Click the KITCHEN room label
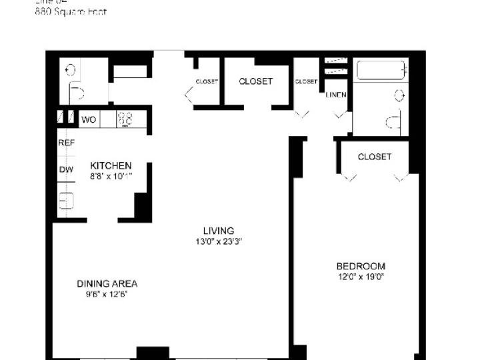pyautogui.click(x=111, y=165)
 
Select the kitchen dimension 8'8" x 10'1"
pyautogui.click(x=111, y=176)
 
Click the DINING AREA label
pyautogui.click(x=107, y=283)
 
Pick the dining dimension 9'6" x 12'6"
pyautogui.click(x=107, y=294)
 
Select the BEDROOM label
pyautogui.click(x=361, y=266)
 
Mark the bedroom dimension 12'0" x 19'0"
pyautogui.click(x=361, y=277)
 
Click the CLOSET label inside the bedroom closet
pyautogui.click(x=374, y=157)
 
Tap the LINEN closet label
pyautogui.click(x=336, y=95)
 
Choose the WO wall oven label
pyautogui.click(x=89, y=120)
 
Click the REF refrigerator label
pyautogui.click(x=66, y=143)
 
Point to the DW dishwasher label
pyautogui.click(x=65, y=169)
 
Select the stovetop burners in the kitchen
pyautogui.click(x=125, y=119)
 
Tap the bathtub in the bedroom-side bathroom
pyautogui.click(x=381, y=71)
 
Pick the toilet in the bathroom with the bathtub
pyautogui.click(x=393, y=120)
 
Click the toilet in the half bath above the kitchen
pyautogui.click(x=75, y=92)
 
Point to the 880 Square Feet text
pyautogui.click(x=70, y=12)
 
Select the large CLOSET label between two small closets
pyautogui.click(x=255, y=81)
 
